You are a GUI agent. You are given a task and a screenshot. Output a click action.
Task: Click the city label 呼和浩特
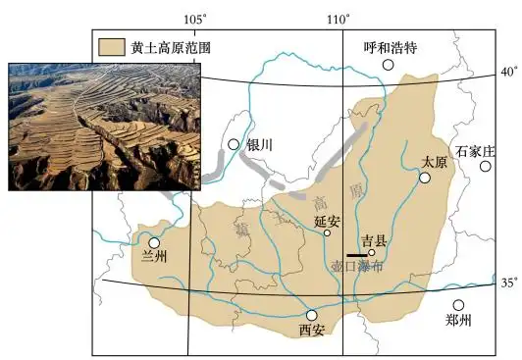[x=391, y=46]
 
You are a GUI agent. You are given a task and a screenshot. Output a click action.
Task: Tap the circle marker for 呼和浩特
[x=389, y=65]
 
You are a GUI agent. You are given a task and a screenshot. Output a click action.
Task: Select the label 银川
[x=259, y=144]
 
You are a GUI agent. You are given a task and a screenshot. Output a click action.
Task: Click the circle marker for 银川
[x=234, y=145]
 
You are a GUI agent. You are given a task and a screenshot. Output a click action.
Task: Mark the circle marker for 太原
[x=425, y=178]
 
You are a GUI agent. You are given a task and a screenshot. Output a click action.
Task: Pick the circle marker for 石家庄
[x=485, y=167]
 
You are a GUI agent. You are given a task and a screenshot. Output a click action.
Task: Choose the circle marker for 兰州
[x=154, y=242]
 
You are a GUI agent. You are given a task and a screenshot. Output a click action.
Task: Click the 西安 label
[x=311, y=331]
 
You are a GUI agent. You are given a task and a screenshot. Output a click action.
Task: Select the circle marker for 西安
[x=312, y=315]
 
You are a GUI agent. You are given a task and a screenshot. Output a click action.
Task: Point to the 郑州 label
[x=458, y=321]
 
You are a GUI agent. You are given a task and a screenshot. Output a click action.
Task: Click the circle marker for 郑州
[x=458, y=305]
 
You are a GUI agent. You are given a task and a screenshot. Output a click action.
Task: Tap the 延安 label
[x=326, y=222]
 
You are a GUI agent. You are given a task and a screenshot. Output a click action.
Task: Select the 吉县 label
[x=374, y=239]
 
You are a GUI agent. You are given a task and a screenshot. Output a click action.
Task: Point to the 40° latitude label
[x=509, y=73]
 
